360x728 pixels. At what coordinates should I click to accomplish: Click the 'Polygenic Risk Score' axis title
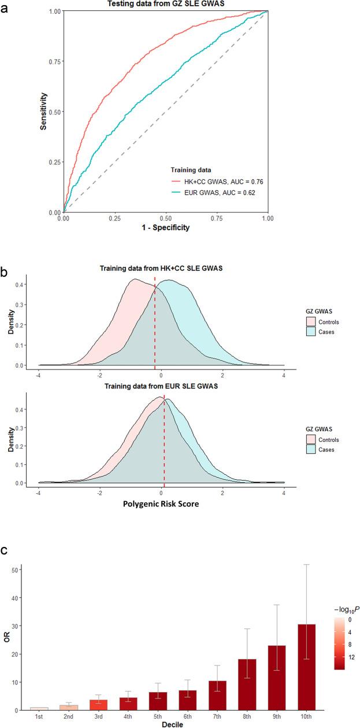click(x=161, y=503)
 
